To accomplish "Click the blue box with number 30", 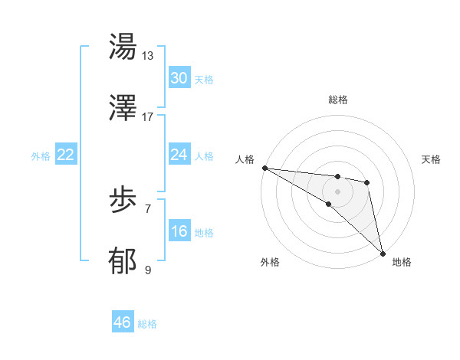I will (179, 78).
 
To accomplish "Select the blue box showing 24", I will (179, 155).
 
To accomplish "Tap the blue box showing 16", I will (179, 231).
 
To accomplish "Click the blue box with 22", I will (66, 155).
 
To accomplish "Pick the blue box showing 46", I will (123, 322).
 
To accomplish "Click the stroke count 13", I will (147, 56).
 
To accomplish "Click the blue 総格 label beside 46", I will (147, 324).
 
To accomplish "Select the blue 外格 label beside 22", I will (41, 156).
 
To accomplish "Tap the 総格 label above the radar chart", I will (337, 100).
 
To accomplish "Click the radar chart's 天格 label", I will (432, 159).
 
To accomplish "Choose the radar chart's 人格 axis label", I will (245, 159).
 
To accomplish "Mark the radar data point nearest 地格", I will (383, 253).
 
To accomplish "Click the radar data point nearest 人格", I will (264, 168).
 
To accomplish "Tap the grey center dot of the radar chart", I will (337, 191).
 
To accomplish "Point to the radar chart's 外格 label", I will (270, 262).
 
